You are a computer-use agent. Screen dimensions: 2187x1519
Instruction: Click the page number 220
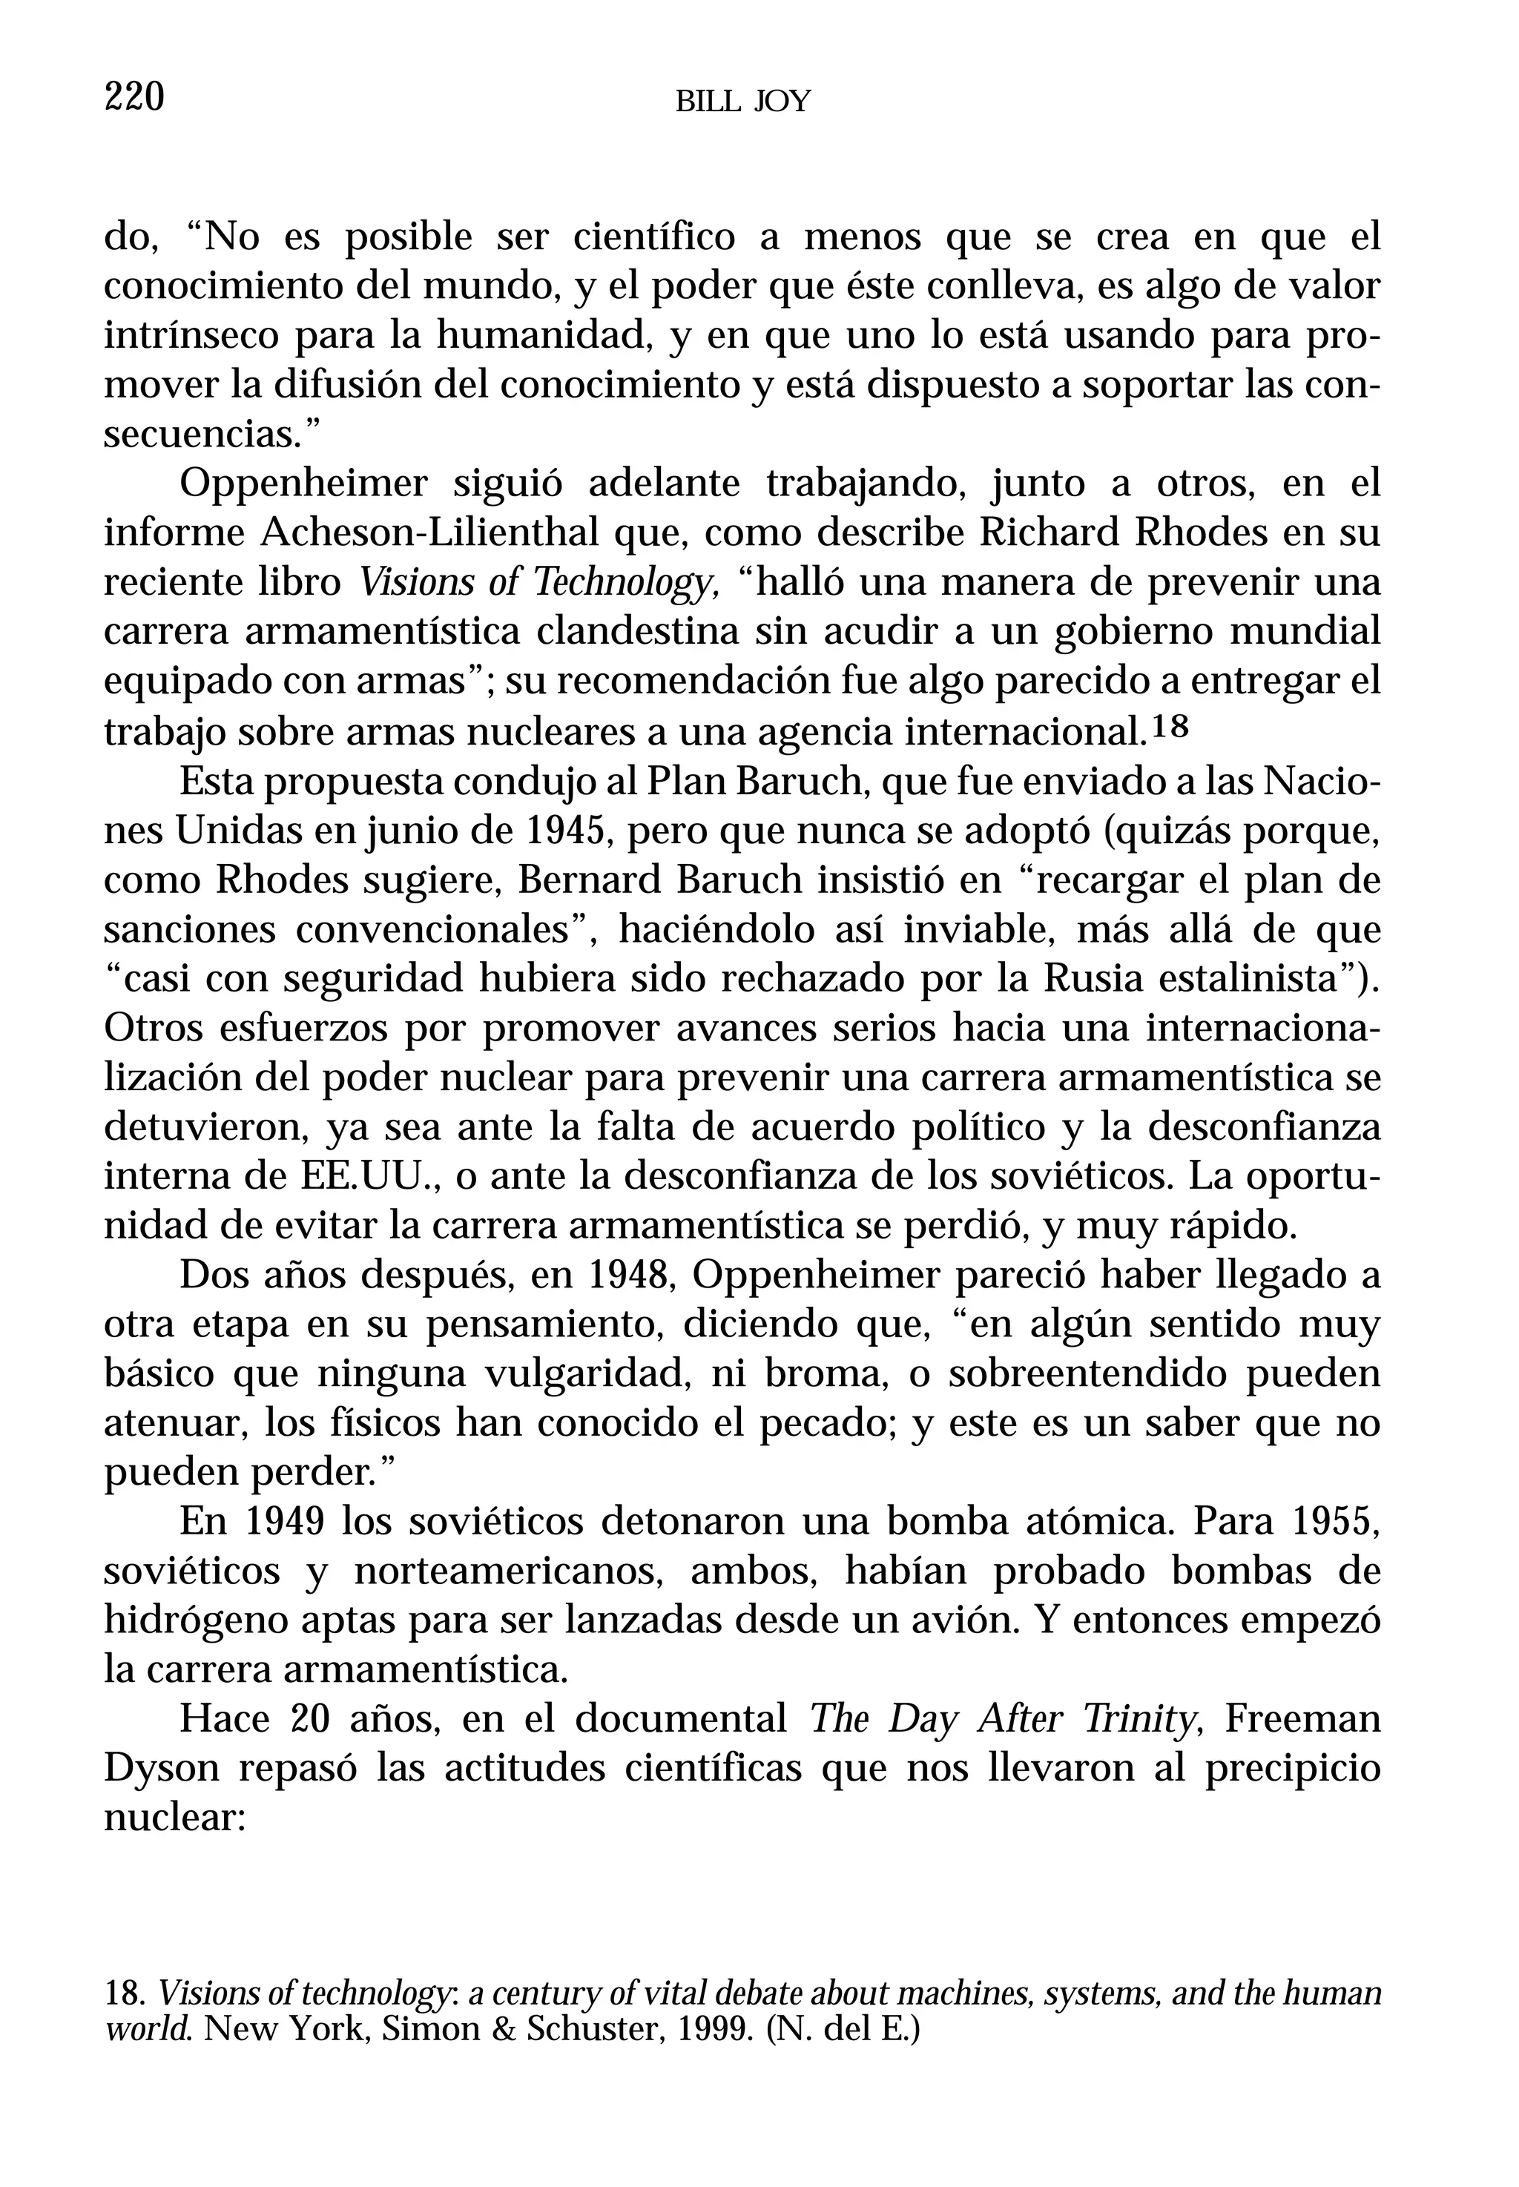pos(134,97)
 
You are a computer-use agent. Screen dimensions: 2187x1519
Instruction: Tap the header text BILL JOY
pos(742,102)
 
